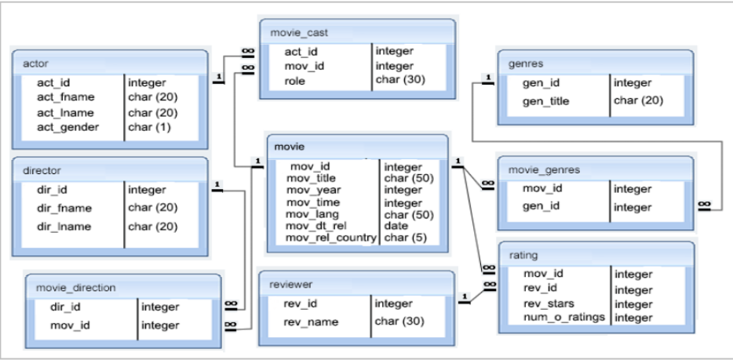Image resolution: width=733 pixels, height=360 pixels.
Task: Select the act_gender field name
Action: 68,127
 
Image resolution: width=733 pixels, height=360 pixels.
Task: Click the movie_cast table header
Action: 299,33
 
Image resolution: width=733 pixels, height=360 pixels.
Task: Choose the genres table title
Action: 526,63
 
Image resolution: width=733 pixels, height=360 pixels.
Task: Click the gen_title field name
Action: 546,101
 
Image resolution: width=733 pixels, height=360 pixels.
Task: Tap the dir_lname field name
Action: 64,227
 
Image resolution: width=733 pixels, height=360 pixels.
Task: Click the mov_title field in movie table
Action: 313,179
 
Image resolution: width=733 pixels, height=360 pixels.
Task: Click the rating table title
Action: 523,255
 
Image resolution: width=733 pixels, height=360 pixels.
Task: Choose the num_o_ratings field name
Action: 564,318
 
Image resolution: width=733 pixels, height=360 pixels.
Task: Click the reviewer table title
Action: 291,283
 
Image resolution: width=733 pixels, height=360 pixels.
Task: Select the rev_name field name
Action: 311,322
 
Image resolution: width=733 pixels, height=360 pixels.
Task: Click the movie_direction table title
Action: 75,287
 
